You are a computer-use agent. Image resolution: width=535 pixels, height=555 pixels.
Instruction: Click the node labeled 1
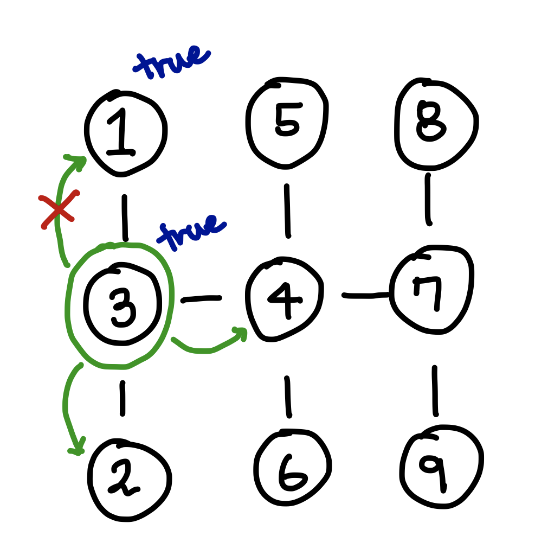125,133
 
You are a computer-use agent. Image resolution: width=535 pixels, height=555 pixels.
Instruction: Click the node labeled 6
292,467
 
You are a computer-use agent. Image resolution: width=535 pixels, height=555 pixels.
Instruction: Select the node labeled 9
442,467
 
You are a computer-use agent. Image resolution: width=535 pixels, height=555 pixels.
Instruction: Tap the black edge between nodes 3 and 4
201,298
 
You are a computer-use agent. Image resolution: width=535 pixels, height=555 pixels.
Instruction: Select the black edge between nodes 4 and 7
366,296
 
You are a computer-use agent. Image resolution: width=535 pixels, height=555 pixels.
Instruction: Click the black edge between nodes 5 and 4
287,211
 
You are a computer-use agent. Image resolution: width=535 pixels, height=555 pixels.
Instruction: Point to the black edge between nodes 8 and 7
428,199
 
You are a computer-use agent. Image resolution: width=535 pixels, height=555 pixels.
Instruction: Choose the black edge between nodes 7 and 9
435,391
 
